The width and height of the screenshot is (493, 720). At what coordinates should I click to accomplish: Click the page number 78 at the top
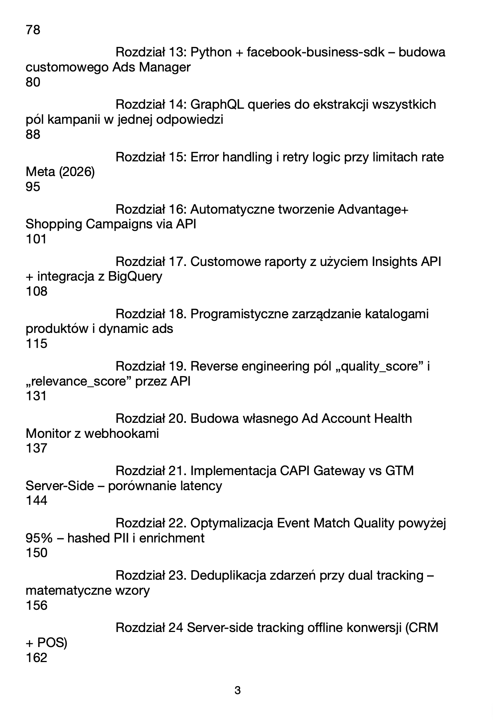pyautogui.click(x=33, y=30)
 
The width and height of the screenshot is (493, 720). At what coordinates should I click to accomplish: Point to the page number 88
pyautogui.click(x=33, y=134)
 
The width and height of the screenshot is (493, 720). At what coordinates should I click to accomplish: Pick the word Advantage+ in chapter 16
pyautogui.click(x=373, y=209)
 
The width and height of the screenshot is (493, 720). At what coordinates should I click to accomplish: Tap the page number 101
pyautogui.click(x=36, y=239)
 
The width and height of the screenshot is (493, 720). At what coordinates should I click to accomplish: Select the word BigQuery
pyautogui.click(x=135, y=276)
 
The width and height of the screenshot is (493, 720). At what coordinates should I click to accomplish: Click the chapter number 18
pyautogui.click(x=176, y=314)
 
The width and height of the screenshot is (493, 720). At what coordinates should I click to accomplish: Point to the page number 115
pyautogui.click(x=36, y=343)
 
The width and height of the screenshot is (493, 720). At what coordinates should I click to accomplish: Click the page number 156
pyautogui.click(x=36, y=605)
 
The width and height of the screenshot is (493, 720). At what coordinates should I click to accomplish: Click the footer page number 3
pyautogui.click(x=237, y=690)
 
